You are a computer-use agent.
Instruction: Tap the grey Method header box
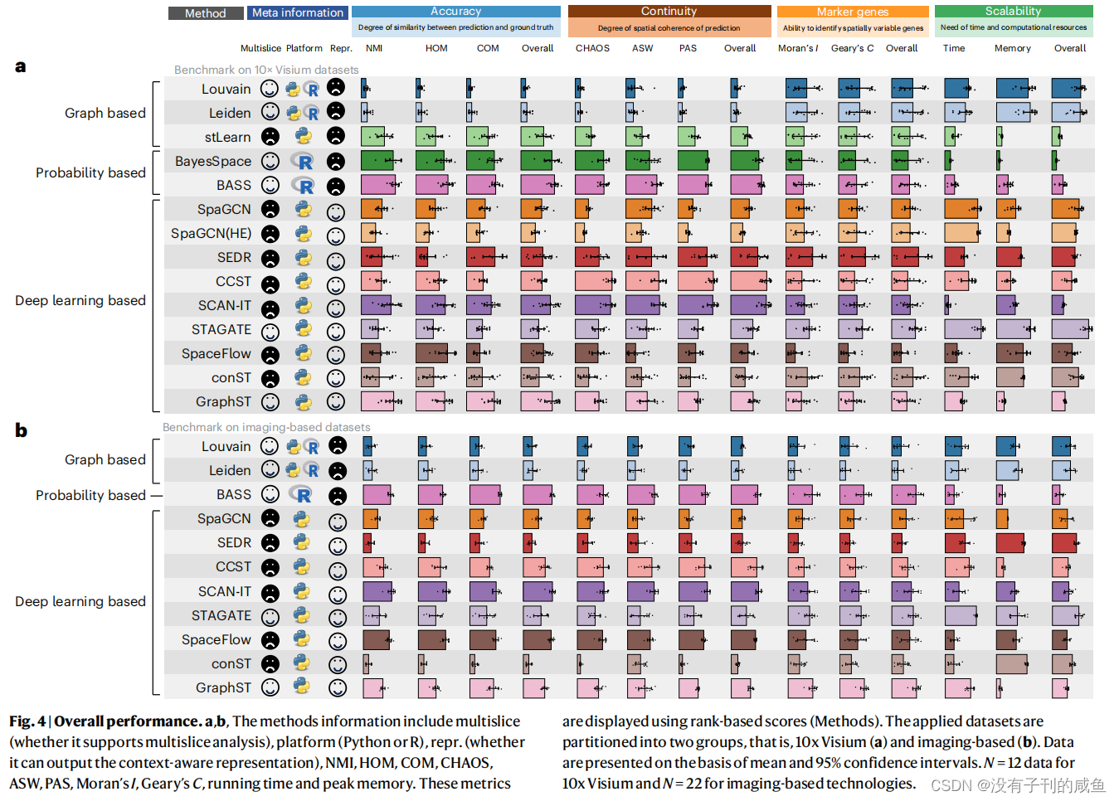(205, 13)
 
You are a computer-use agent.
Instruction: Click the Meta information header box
(297, 13)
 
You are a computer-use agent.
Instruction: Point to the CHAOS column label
(592, 48)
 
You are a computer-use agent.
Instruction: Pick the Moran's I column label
(797, 48)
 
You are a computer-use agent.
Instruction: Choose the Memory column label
(1012, 48)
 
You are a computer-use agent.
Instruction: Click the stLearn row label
(227, 137)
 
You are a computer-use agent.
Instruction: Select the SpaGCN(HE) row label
(211, 233)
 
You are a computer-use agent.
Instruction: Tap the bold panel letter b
(21, 430)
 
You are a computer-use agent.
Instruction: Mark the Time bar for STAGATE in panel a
(962, 329)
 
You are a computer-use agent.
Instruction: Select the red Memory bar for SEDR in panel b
(1010, 543)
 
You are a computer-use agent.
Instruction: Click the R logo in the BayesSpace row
(303, 162)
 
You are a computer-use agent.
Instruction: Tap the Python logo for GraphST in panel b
(302, 687)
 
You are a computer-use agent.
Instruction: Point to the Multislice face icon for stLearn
(270, 137)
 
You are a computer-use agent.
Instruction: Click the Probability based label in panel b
(90, 495)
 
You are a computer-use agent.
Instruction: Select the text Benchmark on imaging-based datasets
(266, 427)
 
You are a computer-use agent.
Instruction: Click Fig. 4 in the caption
(27, 721)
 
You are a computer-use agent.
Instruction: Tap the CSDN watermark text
(1018, 784)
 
